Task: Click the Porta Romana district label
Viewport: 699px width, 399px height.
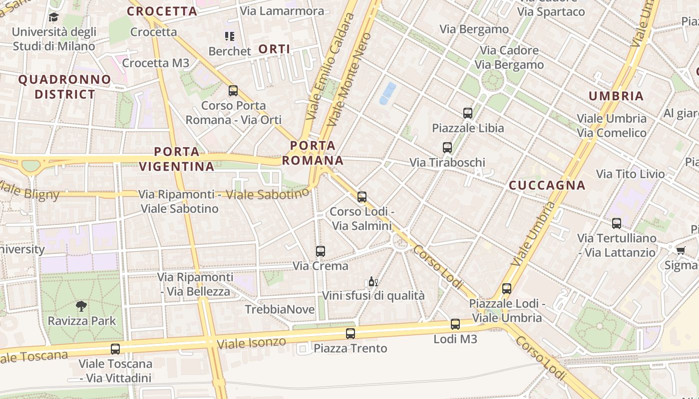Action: point(313,153)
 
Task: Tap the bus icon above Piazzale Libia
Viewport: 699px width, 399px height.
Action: point(468,113)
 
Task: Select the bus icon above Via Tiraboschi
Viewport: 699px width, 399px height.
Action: point(447,148)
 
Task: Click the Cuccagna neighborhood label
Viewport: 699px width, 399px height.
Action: point(547,186)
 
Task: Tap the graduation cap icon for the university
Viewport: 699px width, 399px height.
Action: point(53,17)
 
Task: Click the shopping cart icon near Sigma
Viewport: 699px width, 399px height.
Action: point(681,250)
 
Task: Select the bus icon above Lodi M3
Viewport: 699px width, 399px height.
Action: point(455,324)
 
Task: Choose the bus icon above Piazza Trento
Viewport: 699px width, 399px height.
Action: point(350,334)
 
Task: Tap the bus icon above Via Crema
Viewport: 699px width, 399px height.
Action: point(321,251)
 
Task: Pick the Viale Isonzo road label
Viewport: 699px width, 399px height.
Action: point(252,343)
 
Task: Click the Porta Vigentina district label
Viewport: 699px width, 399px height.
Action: point(177,159)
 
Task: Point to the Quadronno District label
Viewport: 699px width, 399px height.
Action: point(65,87)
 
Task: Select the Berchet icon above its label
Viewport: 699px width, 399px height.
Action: point(230,36)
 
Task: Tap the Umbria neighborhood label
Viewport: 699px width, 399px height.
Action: point(616,96)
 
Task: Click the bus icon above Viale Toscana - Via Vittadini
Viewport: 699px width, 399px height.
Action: point(115,349)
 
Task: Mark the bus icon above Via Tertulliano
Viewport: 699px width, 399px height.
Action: point(617,223)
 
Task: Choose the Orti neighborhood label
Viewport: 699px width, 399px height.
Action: point(275,49)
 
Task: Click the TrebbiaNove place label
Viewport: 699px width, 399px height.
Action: point(280,310)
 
